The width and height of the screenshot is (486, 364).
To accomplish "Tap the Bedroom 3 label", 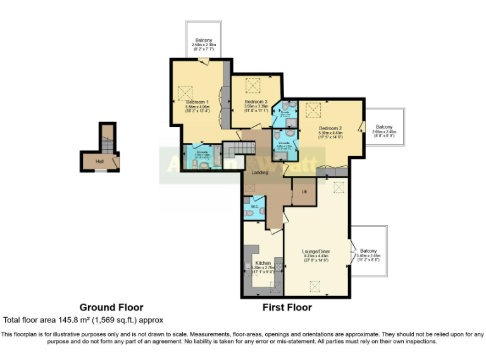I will point(256,102).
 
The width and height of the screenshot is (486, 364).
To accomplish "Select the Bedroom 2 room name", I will point(330,128).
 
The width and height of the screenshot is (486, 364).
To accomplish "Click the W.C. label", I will point(254,206).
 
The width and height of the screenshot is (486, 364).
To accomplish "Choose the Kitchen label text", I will point(263,263).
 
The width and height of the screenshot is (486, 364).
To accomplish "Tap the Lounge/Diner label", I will point(316,252).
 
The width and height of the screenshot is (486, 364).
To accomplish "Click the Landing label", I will point(259,172).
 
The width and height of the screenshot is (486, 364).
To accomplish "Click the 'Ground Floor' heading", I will point(111,308).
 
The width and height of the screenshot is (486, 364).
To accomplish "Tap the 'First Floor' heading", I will point(287,308).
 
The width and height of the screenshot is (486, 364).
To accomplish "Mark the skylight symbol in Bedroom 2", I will point(312,110).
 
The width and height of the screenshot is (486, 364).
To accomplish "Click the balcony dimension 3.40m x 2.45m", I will point(368,255).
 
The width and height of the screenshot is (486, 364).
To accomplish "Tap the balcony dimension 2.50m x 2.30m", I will point(204,45).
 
